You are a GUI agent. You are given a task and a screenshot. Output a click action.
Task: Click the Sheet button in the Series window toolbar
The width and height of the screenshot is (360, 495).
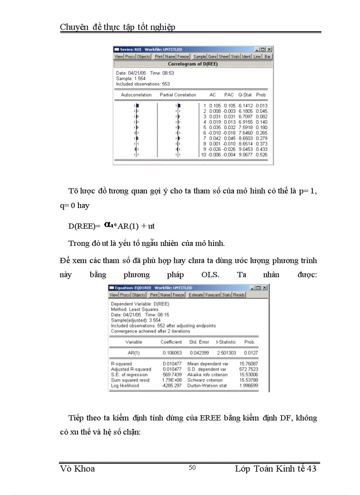[x=224, y=57]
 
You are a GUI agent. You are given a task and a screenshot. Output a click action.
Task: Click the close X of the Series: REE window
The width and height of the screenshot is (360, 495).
[x=270, y=50]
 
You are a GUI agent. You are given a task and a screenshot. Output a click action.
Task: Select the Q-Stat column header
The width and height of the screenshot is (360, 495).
[x=245, y=95]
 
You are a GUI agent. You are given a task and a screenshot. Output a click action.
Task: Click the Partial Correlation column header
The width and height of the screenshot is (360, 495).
[x=178, y=95]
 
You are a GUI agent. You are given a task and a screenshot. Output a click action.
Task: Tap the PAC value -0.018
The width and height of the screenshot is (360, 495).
[x=229, y=133]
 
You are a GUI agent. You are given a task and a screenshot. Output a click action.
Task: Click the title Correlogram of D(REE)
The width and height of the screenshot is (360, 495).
[x=193, y=64]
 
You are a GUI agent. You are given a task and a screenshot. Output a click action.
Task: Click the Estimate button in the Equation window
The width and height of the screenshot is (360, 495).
[x=195, y=295]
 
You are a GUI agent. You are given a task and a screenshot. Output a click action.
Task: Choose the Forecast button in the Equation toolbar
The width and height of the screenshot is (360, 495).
[x=212, y=295]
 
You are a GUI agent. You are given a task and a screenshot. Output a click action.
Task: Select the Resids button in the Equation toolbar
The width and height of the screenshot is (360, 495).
[x=239, y=295]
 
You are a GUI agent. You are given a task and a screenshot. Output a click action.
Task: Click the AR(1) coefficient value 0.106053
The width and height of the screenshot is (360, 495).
[x=172, y=353]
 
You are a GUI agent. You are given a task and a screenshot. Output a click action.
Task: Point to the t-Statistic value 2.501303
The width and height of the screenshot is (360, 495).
[x=226, y=353]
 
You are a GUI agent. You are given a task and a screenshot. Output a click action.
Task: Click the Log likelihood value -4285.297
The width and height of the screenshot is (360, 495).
[x=172, y=385]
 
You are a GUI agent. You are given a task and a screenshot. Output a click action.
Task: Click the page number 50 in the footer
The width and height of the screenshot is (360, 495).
[x=192, y=468]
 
